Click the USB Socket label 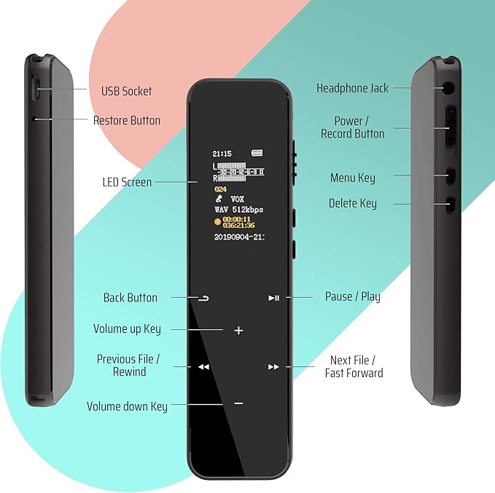pos(126,91)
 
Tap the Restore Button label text pos(126,120)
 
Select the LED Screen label pos(127,182)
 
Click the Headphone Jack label pos(352,88)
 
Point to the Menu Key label pos(353,178)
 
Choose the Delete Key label pos(353,203)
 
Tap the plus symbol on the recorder pos(238,330)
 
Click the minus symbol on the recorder pos(238,403)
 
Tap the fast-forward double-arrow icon pos(273,367)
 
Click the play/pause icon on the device pos(273,298)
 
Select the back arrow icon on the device pos(203,298)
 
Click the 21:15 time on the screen pos(222,154)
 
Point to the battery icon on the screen pos(256,154)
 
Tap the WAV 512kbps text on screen pos(238,210)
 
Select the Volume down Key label pos(127,406)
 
